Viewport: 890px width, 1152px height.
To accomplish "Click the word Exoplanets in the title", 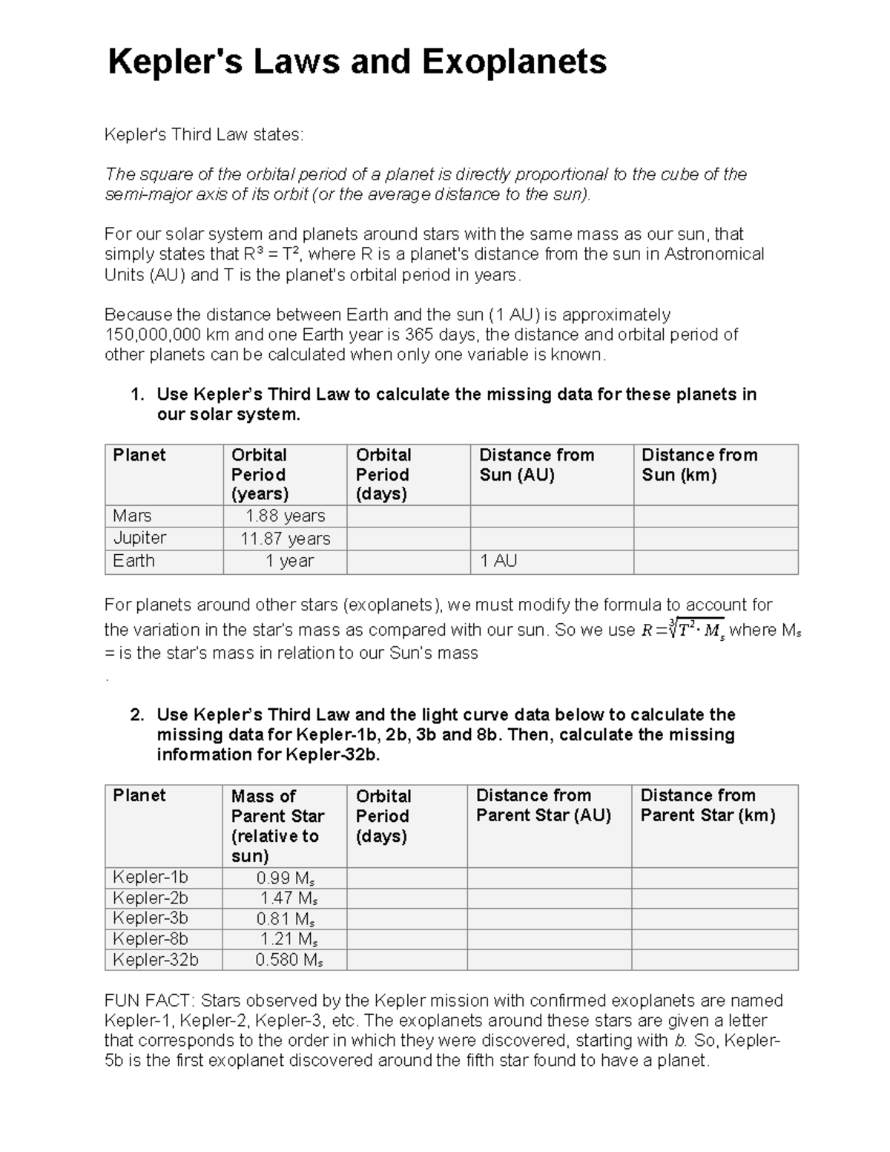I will point(514,62).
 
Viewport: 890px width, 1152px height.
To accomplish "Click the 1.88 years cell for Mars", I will point(285,516).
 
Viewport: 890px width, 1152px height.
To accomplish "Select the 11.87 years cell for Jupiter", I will point(285,539).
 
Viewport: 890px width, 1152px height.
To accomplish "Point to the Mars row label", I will point(132,516).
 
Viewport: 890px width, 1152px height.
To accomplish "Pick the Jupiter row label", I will point(139,538).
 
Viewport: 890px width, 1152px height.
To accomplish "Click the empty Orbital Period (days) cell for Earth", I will point(408,562).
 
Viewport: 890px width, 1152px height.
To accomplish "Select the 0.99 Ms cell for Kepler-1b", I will point(286,878).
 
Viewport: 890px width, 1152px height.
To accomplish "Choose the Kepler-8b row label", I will point(151,939).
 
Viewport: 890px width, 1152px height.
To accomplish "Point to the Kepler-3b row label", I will point(151,918).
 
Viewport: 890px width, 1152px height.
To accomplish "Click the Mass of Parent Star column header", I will point(277,826).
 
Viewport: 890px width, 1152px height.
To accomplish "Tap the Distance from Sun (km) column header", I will point(699,465).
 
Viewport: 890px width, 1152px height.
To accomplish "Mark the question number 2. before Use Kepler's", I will point(136,715).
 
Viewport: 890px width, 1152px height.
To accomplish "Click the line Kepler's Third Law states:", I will point(203,134).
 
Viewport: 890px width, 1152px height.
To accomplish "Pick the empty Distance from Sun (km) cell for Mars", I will point(715,516).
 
